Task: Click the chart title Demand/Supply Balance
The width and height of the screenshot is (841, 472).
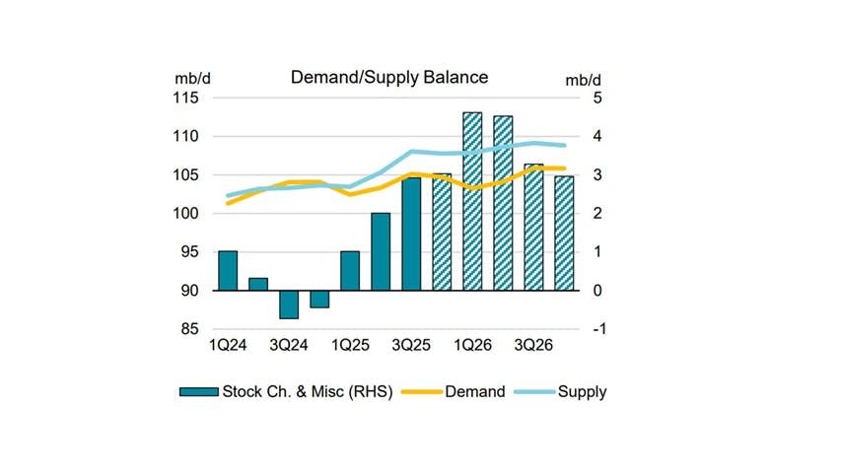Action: tap(388, 77)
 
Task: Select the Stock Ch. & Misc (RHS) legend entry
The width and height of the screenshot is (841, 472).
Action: tap(286, 391)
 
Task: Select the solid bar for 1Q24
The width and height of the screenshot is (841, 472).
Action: tap(227, 271)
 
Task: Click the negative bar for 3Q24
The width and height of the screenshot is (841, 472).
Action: tap(288, 304)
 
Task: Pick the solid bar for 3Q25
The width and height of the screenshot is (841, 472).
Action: tap(410, 234)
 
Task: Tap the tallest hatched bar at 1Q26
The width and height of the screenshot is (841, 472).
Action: tap(472, 201)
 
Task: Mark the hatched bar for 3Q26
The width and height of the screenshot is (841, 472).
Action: tap(533, 227)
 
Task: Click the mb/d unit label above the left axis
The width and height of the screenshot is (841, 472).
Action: tap(189, 78)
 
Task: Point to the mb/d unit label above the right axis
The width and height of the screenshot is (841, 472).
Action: tap(583, 78)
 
